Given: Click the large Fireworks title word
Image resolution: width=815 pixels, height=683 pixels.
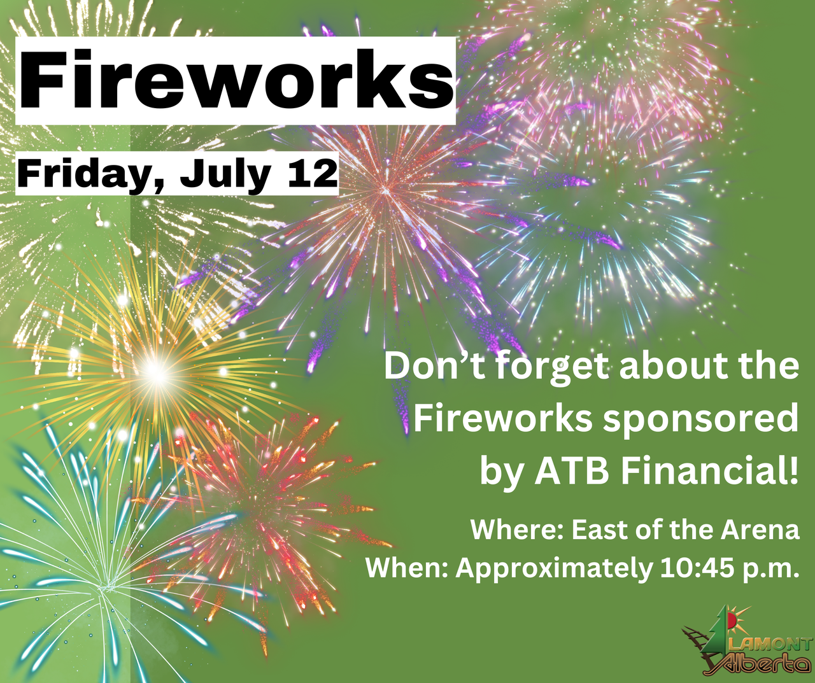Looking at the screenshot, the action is (x=236, y=80).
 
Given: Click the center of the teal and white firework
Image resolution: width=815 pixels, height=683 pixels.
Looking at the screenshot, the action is (x=103, y=588).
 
